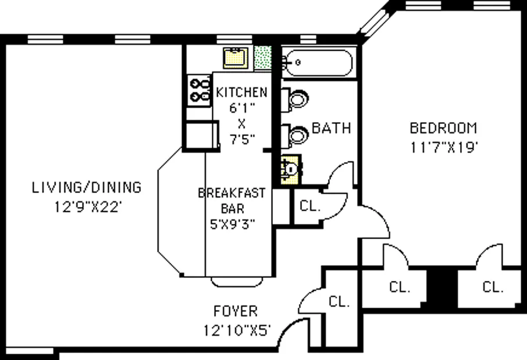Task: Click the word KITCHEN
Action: [x=241, y=92]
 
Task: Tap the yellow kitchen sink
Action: [x=236, y=58]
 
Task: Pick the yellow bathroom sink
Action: [x=291, y=169]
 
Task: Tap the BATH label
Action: [x=332, y=128]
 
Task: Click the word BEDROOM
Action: [x=443, y=128]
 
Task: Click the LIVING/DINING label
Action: [x=86, y=187]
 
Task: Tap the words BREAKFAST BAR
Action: [x=232, y=200]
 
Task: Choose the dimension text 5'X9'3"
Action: [x=232, y=223]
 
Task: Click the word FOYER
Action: [x=234, y=312]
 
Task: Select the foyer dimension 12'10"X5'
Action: [x=237, y=330]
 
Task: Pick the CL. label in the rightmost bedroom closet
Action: [x=493, y=287]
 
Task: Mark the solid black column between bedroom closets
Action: [x=439, y=285]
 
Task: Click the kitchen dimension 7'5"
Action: [x=241, y=139]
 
